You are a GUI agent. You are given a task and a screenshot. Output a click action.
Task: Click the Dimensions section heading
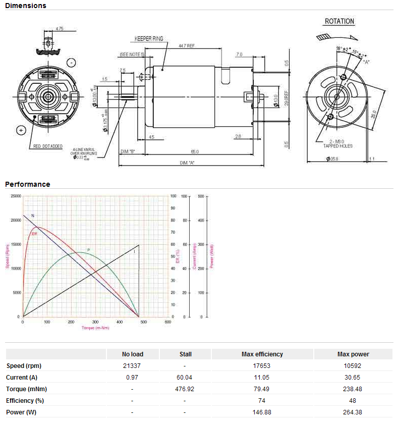pos(26,6)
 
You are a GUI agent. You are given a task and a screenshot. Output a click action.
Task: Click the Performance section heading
pos(28,184)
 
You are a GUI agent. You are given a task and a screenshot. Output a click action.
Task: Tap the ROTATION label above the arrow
pos(339,21)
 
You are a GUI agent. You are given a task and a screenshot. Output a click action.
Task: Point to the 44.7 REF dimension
pos(187,45)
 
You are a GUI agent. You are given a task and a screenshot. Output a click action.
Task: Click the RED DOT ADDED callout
pos(48,146)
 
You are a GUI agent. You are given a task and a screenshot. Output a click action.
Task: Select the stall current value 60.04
pos(185,377)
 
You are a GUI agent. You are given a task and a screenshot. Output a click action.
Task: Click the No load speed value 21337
pos(132,366)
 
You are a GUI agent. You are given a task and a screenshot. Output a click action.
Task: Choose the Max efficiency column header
pos(262,354)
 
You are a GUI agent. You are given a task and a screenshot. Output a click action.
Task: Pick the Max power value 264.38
pos(353,412)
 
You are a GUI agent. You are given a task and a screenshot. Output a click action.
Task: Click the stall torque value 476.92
pos(185,389)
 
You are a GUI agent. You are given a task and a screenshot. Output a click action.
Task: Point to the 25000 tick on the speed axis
pos(16,196)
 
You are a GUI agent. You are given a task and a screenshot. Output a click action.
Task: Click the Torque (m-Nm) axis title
pos(95,328)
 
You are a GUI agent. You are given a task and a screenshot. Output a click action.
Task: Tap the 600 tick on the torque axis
pos(167,322)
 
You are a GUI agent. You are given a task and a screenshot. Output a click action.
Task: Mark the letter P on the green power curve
pos(88,249)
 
